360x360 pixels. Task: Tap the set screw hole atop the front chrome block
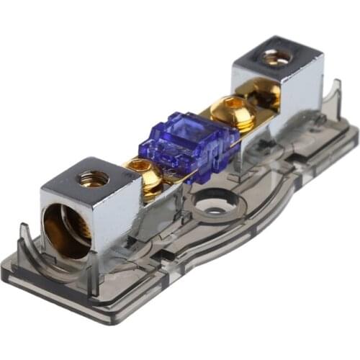coord(94,175)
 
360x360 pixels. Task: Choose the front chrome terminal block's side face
coord(122,216)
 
